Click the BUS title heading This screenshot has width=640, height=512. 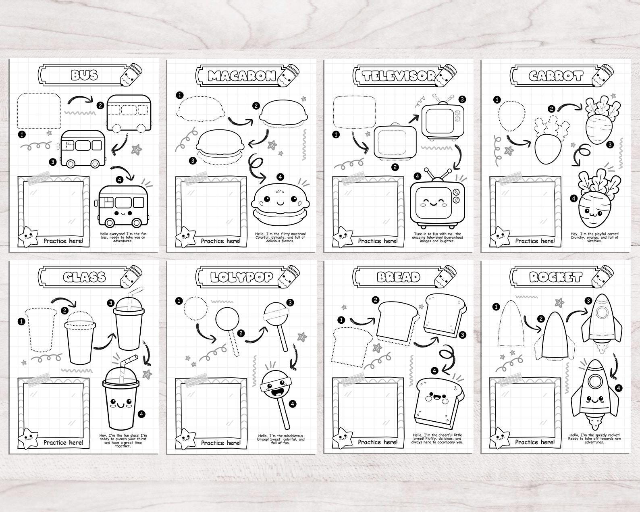(84, 75)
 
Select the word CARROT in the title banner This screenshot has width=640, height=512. (556, 76)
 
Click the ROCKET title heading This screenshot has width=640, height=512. (556, 277)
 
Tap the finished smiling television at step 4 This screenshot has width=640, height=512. (437, 201)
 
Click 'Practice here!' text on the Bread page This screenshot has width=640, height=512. (378, 442)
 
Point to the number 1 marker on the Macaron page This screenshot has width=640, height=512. (180, 96)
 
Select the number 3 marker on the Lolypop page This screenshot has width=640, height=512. (290, 302)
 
